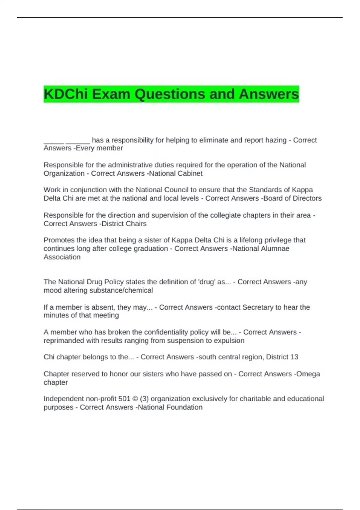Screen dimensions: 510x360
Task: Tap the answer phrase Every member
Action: [99, 148]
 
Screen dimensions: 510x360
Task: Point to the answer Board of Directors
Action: [292, 198]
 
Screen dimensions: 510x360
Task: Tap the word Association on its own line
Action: [62, 257]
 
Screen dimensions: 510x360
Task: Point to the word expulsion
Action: [229, 341]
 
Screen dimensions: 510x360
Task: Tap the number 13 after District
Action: [294, 357]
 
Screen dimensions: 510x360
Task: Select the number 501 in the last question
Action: [124, 399]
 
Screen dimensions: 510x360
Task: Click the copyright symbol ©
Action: [135, 399]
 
